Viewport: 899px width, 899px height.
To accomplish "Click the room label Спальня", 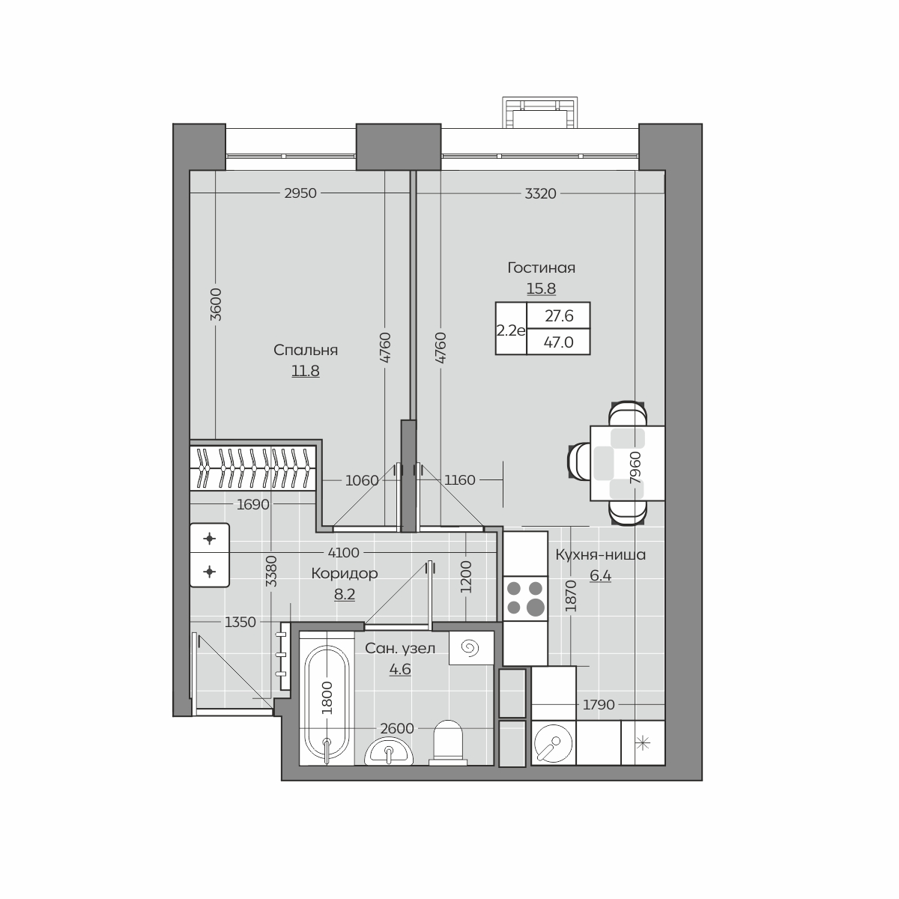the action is (x=306, y=351).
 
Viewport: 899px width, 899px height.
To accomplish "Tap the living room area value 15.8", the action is (x=541, y=288).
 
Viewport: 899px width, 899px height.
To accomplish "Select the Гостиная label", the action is (x=541, y=267).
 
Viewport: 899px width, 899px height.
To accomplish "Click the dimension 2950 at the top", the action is (x=300, y=193).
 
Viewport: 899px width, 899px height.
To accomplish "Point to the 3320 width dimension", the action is (x=541, y=193).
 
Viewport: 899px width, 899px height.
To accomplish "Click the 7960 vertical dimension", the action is (x=635, y=467).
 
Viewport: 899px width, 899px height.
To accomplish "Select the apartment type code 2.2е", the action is (x=511, y=331).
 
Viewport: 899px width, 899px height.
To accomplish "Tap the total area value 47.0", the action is (x=558, y=342).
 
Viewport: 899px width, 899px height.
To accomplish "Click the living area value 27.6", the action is (x=559, y=316).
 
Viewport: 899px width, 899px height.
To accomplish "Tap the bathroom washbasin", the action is (x=389, y=752).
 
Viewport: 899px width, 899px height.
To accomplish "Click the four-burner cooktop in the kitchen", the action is (x=525, y=598).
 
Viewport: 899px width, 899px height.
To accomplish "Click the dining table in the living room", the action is (x=628, y=463).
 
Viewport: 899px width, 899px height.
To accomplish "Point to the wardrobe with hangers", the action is (x=253, y=468).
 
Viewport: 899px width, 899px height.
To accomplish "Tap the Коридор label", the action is (x=345, y=573).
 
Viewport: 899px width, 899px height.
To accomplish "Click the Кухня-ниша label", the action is (x=600, y=554).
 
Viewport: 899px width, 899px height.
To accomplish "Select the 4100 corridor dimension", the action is (x=344, y=553).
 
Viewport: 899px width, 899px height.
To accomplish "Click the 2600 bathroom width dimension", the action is (x=397, y=728).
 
